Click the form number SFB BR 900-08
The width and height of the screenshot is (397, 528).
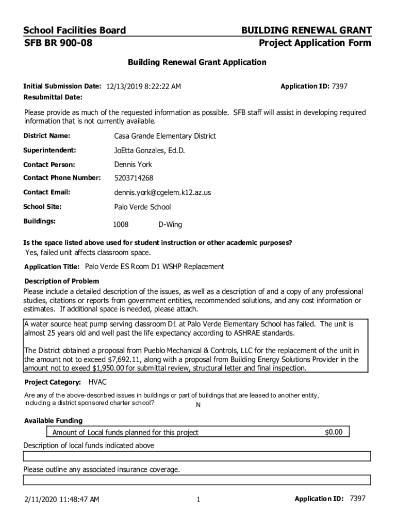pyautogui.click(x=58, y=43)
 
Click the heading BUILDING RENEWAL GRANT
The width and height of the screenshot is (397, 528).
pyautogui.click(x=306, y=30)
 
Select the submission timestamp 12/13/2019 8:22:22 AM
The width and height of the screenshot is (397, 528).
pyautogui.click(x=143, y=87)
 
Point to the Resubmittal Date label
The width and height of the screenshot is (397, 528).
pyautogui.click(x=53, y=97)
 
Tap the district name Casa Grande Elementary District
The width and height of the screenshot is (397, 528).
pyautogui.click(x=165, y=136)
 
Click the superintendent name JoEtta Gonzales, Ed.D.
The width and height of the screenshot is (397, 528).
pyautogui.click(x=149, y=151)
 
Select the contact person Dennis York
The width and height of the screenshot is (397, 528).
pyautogui.click(x=133, y=164)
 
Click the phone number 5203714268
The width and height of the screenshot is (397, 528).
pyautogui.click(x=134, y=178)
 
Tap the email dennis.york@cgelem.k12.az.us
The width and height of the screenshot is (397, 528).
pyautogui.click(x=162, y=192)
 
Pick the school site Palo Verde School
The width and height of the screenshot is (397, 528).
pyautogui.click(x=142, y=207)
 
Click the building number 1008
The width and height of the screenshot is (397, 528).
pyautogui.click(x=121, y=225)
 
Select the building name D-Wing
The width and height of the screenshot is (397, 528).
pyautogui.click(x=170, y=225)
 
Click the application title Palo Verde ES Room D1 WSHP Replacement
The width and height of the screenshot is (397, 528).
pyautogui.click(x=155, y=267)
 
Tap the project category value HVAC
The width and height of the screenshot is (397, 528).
pyautogui.click(x=98, y=382)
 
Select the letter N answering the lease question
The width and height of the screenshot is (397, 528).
pyautogui.click(x=198, y=405)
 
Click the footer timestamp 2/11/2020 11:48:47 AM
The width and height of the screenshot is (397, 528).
pyautogui.click(x=61, y=499)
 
